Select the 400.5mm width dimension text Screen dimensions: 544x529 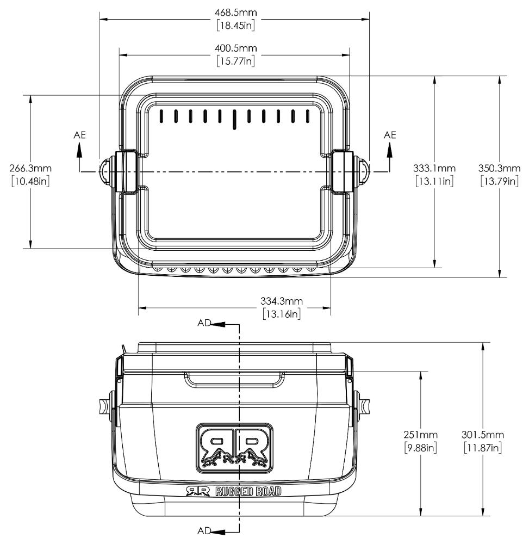[x=234, y=48]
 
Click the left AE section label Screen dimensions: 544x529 [x=79, y=134]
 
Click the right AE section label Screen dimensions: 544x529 [x=390, y=134]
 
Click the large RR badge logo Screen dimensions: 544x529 [x=234, y=446]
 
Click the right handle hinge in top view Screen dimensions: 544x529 [x=341, y=172]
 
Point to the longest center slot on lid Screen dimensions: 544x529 [x=234, y=119]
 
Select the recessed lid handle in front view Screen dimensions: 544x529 [x=234, y=380]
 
